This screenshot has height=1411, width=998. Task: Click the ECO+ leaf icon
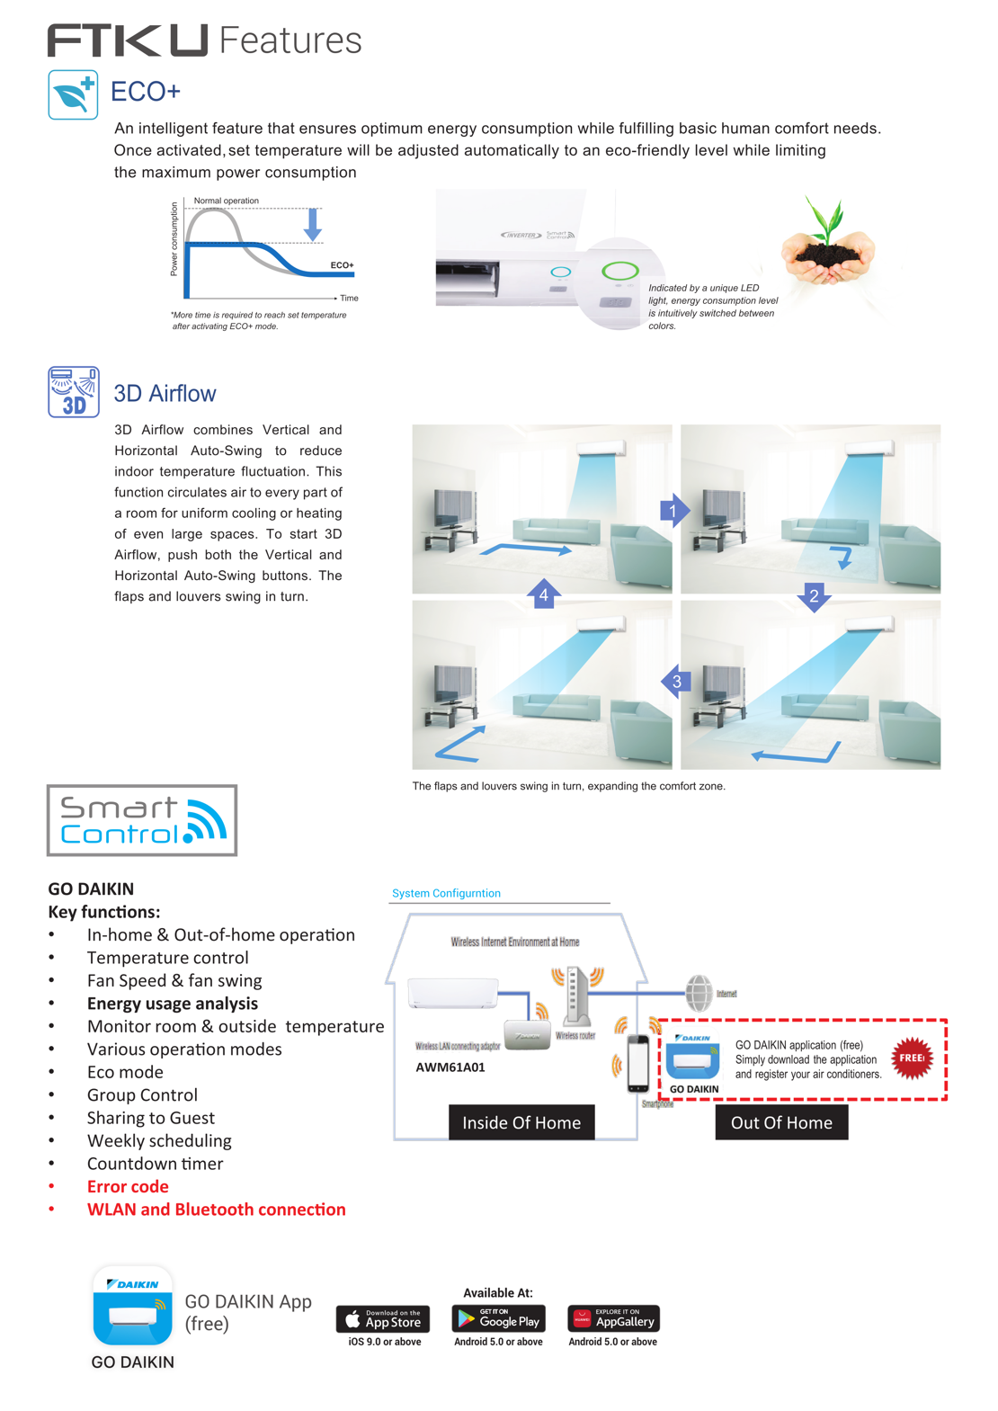[x=73, y=94]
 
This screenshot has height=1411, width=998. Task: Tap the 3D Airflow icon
[x=74, y=392]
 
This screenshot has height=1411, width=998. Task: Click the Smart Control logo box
[x=142, y=820]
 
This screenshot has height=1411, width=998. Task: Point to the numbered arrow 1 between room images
[x=674, y=511]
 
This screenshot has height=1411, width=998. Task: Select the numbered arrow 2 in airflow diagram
[x=814, y=596]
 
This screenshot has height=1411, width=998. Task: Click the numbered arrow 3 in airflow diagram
[x=676, y=682]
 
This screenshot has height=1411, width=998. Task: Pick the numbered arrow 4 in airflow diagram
[x=544, y=594]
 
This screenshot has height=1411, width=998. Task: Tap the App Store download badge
[x=383, y=1319]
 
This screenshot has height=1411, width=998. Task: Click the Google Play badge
[x=499, y=1319]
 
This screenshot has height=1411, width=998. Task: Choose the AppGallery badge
[x=613, y=1319]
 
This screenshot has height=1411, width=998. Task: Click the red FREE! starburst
[x=912, y=1058]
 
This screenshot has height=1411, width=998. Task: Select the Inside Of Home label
[x=521, y=1122]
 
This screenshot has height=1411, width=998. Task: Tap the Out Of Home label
[x=781, y=1122]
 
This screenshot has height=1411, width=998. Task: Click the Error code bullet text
[x=128, y=1186]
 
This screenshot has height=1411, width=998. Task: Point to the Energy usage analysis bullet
[x=173, y=1004]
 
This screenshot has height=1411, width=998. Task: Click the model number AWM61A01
[x=450, y=1067]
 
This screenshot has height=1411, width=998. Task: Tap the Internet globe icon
[x=699, y=994]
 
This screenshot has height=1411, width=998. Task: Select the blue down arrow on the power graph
[x=313, y=224]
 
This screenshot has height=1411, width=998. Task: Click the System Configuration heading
[x=446, y=893]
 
